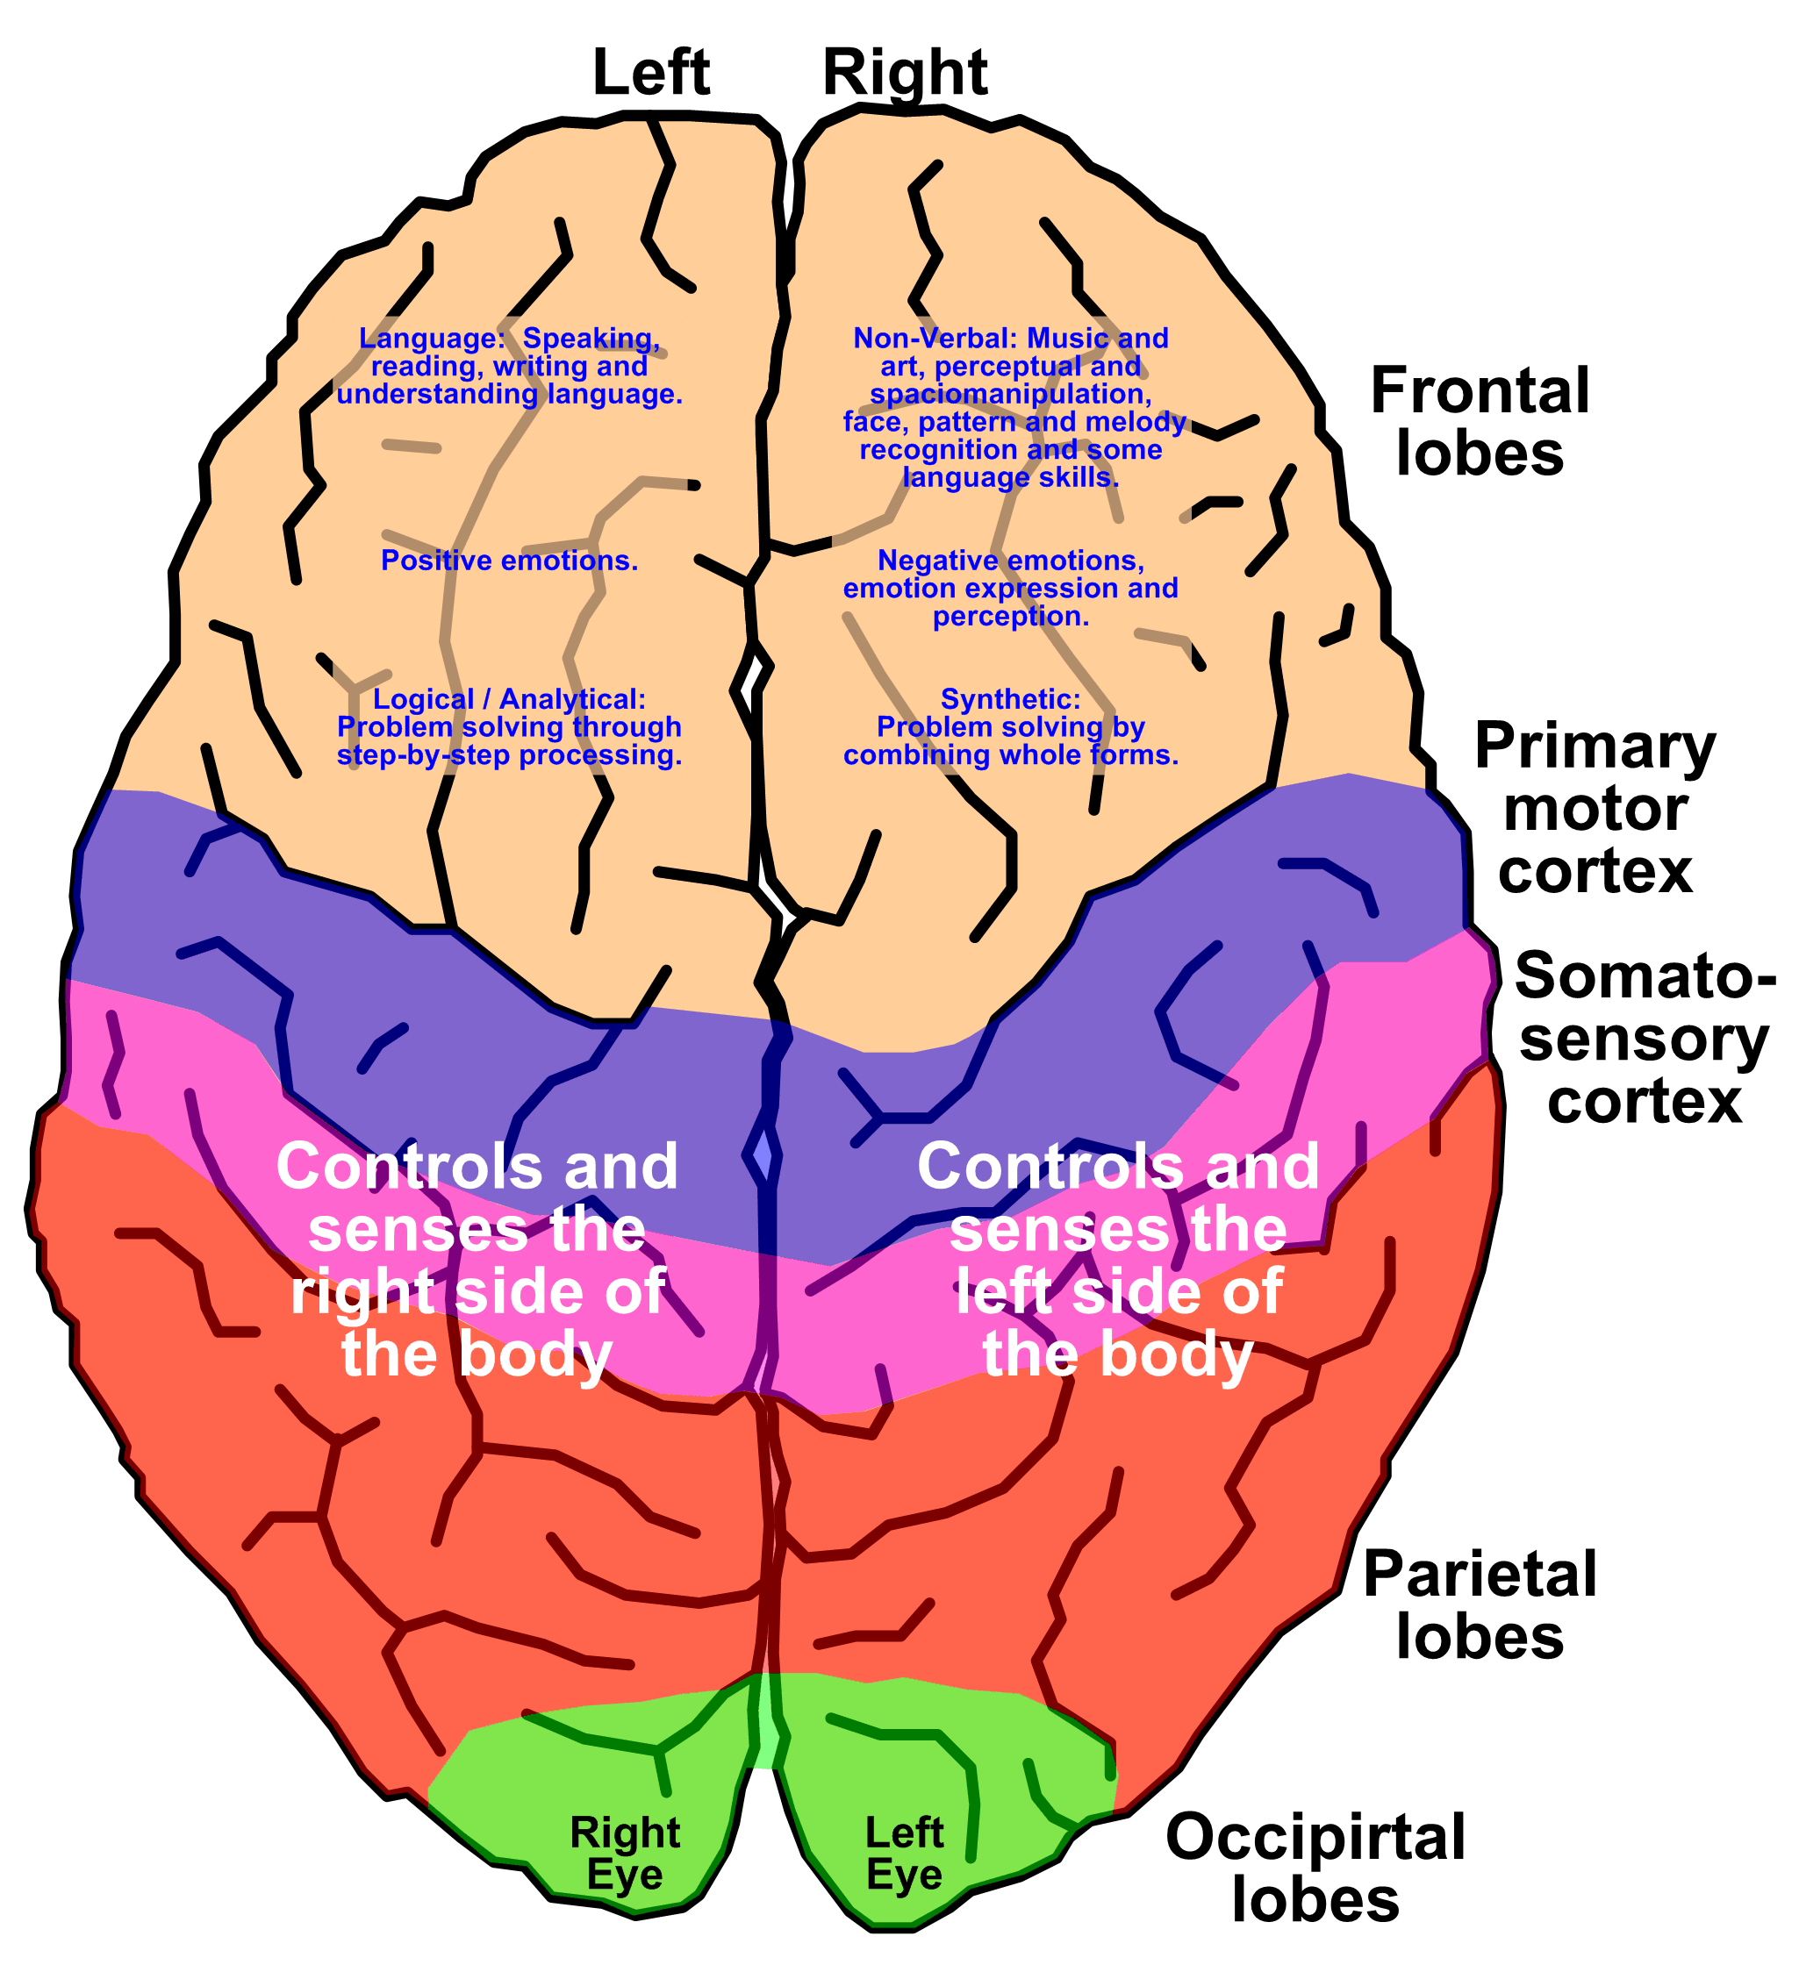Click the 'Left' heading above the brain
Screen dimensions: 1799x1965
coord(650,72)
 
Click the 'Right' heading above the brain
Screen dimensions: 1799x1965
coord(905,74)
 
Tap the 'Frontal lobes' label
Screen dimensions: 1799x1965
coord(1480,422)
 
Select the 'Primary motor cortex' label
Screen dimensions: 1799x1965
coord(1595,807)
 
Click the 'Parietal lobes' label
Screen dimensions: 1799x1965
coord(1480,1604)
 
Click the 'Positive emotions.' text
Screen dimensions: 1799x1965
coord(509,561)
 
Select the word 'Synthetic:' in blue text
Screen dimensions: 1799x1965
coord(1010,699)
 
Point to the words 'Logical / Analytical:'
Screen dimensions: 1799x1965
coord(509,699)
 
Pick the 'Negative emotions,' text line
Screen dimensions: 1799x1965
coord(1010,561)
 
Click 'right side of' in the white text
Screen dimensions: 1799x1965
coord(477,1291)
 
